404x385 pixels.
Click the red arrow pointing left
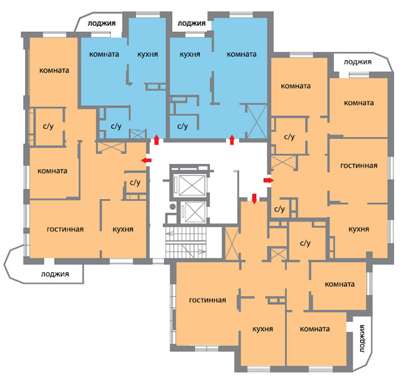coord(147,160)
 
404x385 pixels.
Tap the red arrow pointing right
coord(268,180)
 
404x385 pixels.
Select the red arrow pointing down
coord(254,199)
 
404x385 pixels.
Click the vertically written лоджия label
coord(362,339)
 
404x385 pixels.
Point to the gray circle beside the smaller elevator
coord(173,207)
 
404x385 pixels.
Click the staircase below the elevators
coord(186,242)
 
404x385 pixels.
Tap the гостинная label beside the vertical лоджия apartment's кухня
coord(207,300)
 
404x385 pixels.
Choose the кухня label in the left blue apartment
coord(147,54)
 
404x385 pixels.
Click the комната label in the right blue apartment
coord(242,54)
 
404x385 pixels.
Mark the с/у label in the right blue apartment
coord(183,126)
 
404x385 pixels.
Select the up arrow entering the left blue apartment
coord(157,140)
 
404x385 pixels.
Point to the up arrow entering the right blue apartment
coord(232,140)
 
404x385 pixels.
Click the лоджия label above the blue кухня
coord(192,24)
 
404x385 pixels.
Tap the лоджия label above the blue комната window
coord(101,24)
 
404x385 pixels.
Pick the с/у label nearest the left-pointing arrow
coord(135,183)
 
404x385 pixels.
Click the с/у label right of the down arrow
coord(279,209)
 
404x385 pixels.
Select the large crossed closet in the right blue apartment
coord(257,121)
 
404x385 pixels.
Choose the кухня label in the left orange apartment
coord(123,229)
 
